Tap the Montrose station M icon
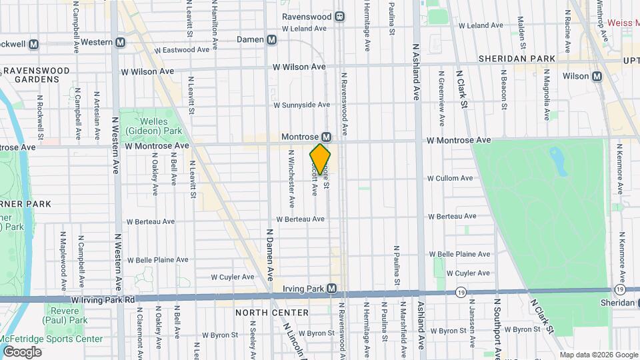coord(327,136)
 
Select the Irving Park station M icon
coord(341,289)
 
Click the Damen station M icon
coord(271,40)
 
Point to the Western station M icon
coord(121,42)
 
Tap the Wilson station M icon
coord(597,76)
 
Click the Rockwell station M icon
coord(34,44)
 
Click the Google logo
coord(22,351)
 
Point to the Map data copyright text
coord(597,355)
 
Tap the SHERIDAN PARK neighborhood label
coord(517,59)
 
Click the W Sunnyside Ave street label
coord(301,105)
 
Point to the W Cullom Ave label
coord(450,178)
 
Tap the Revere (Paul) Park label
coord(68,315)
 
